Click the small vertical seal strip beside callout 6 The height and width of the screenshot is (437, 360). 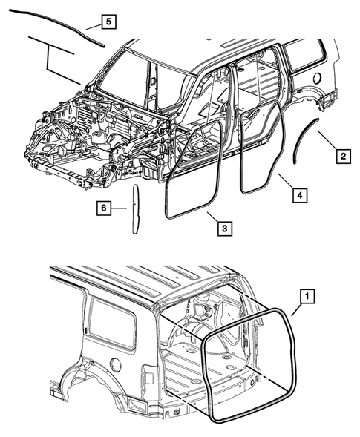pos(135,209)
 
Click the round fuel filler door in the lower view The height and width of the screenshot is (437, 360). pos(114,365)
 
